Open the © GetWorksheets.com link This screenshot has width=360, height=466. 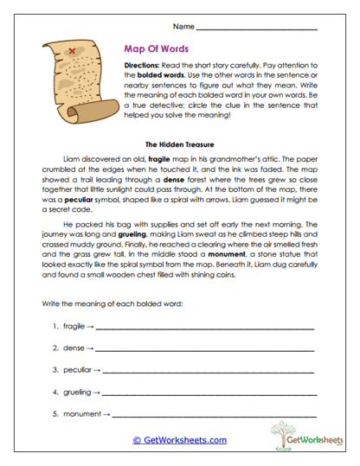pos(179,440)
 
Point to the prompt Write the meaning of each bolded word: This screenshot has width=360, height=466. pos(106,306)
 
